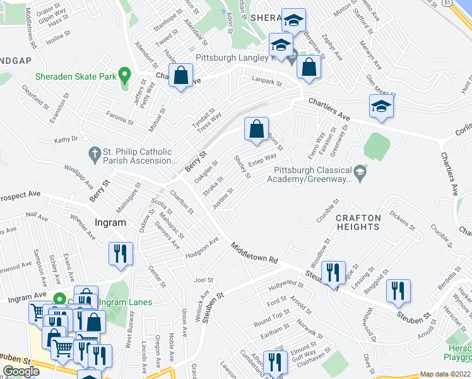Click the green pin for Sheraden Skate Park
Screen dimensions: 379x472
(x=125, y=76)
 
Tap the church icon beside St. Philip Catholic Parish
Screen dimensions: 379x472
(x=94, y=153)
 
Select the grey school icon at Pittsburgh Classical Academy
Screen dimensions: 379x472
(x=360, y=171)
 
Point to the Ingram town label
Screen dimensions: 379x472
(x=111, y=222)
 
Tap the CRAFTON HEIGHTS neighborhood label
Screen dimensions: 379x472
(x=358, y=222)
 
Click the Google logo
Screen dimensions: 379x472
(x=21, y=371)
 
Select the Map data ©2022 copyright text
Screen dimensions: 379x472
(x=445, y=374)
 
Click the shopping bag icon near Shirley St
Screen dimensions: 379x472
(x=256, y=129)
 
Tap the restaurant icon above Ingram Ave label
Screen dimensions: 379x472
(x=120, y=254)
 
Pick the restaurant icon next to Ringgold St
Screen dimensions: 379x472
(x=398, y=291)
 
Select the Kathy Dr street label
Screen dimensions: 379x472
(x=66, y=140)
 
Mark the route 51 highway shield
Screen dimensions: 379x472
(x=446, y=3)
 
